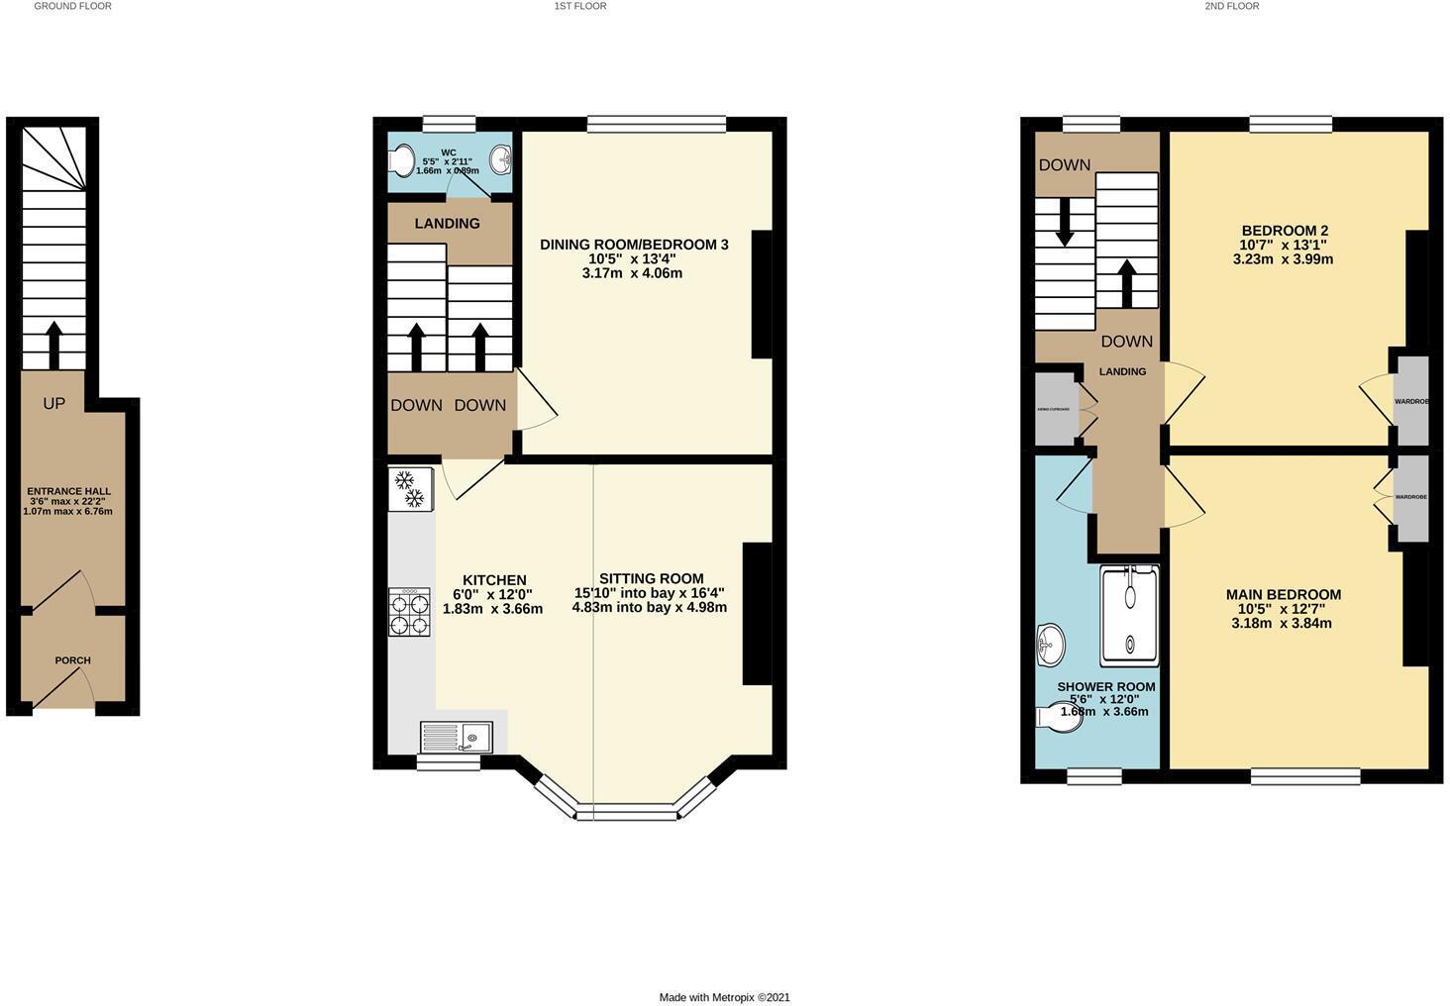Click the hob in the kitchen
(x=409, y=612)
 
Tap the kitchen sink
(x=457, y=737)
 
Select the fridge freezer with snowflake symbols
(x=410, y=489)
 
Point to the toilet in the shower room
(x=1058, y=717)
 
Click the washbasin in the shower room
(x=1050, y=647)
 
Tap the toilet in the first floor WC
(x=402, y=160)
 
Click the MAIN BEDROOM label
(x=1283, y=594)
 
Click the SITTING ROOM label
(x=651, y=578)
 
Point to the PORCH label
(x=72, y=660)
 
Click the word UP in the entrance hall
(x=54, y=404)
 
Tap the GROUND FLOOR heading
(x=72, y=6)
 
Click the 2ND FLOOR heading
(x=1231, y=6)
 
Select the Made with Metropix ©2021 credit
(x=724, y=997)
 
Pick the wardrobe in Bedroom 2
(x=1411, y=401)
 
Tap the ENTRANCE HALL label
(x=68, y=491)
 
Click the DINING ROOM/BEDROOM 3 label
(x=634, y=245)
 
